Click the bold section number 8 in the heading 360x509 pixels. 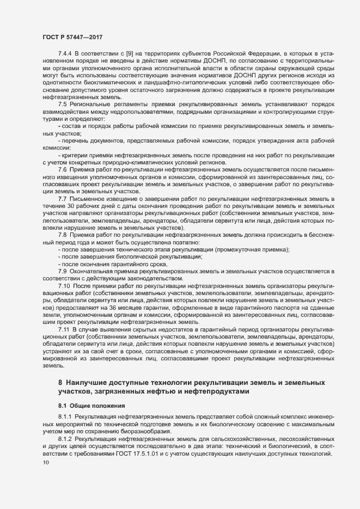coord(60,383)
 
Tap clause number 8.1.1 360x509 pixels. coord(65,417)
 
